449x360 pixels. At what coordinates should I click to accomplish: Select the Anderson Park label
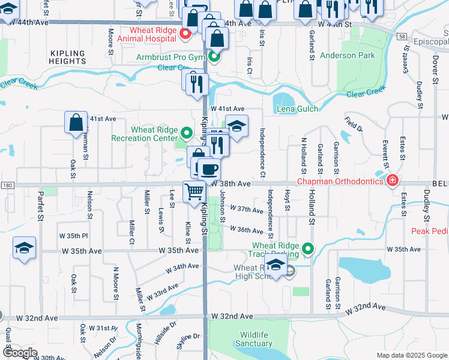(348, 55)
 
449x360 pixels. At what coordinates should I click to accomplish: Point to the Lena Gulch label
(297, 109)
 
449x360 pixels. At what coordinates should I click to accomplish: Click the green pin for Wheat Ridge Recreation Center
(187, 133)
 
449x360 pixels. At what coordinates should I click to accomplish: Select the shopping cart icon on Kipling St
(194, 192)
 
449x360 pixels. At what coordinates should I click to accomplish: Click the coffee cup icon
(209, 169)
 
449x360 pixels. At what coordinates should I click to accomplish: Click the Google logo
(19, 353)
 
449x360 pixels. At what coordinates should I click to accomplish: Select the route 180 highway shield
(7, 185)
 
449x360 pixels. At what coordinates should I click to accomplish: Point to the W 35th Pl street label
(73, 235)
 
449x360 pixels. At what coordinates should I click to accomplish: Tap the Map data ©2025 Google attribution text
(411, 355)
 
